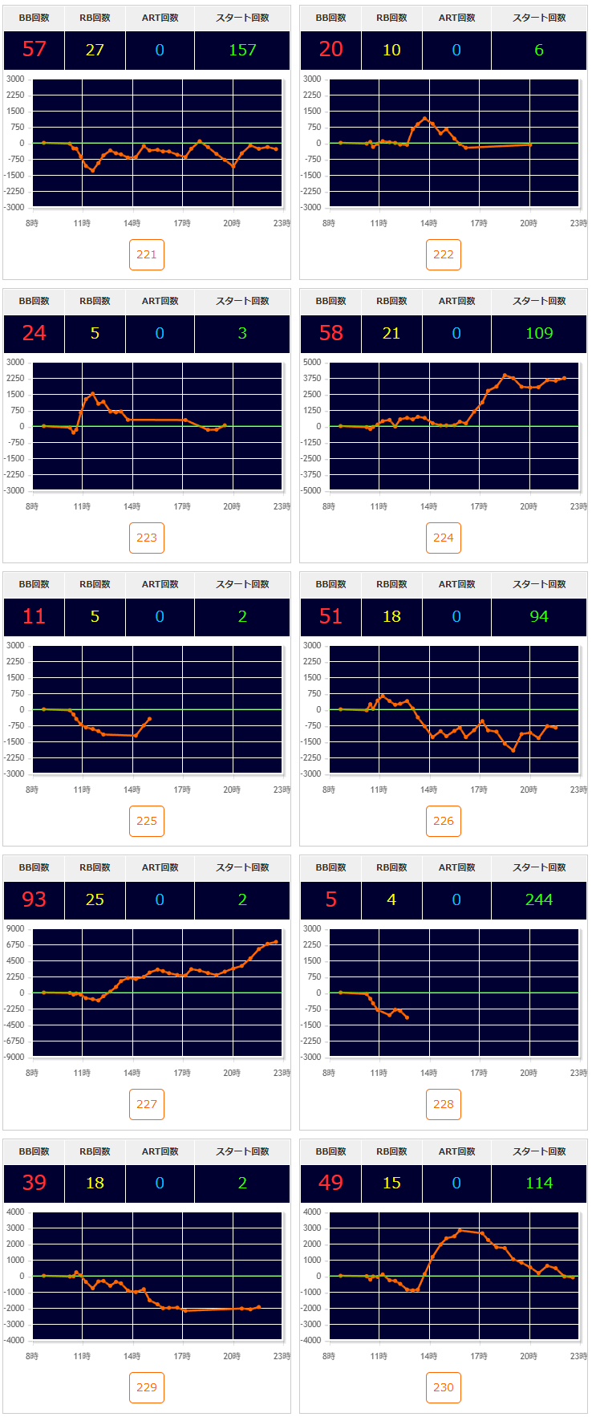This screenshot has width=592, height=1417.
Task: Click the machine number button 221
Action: [x=147, y=254]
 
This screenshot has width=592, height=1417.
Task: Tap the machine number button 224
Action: [x=444, y=538]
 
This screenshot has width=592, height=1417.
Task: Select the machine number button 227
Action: [x=147, y=1104]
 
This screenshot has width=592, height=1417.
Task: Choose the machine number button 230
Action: [x=444, y=1387]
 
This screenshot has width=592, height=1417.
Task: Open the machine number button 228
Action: [x=444, y=1104]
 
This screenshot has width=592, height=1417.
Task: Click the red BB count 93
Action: [x=34, y=899]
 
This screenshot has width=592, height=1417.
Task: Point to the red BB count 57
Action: [x=34, y=50]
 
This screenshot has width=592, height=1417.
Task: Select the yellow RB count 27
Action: [x=95, y=50]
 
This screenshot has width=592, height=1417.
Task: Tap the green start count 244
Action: [x=539, y=899]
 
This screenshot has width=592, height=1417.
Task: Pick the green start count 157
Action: [x=242, y=50]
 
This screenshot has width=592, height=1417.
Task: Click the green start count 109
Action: [x=539, y=333]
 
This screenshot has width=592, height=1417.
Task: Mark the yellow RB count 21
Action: [x=391, y=333]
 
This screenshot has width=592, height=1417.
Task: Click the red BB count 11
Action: [x=34, y=616]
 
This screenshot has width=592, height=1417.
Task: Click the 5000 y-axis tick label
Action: [x=312, y=362]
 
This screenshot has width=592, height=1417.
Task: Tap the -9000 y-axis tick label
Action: [x=14, y=1057]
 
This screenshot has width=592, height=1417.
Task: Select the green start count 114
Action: [x=539, y=1183]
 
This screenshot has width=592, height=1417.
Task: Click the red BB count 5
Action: [x=331, y=899]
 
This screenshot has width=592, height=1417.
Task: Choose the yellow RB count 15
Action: [x=391, y=1183]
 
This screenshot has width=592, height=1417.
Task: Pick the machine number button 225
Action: [x=147, y=821]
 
